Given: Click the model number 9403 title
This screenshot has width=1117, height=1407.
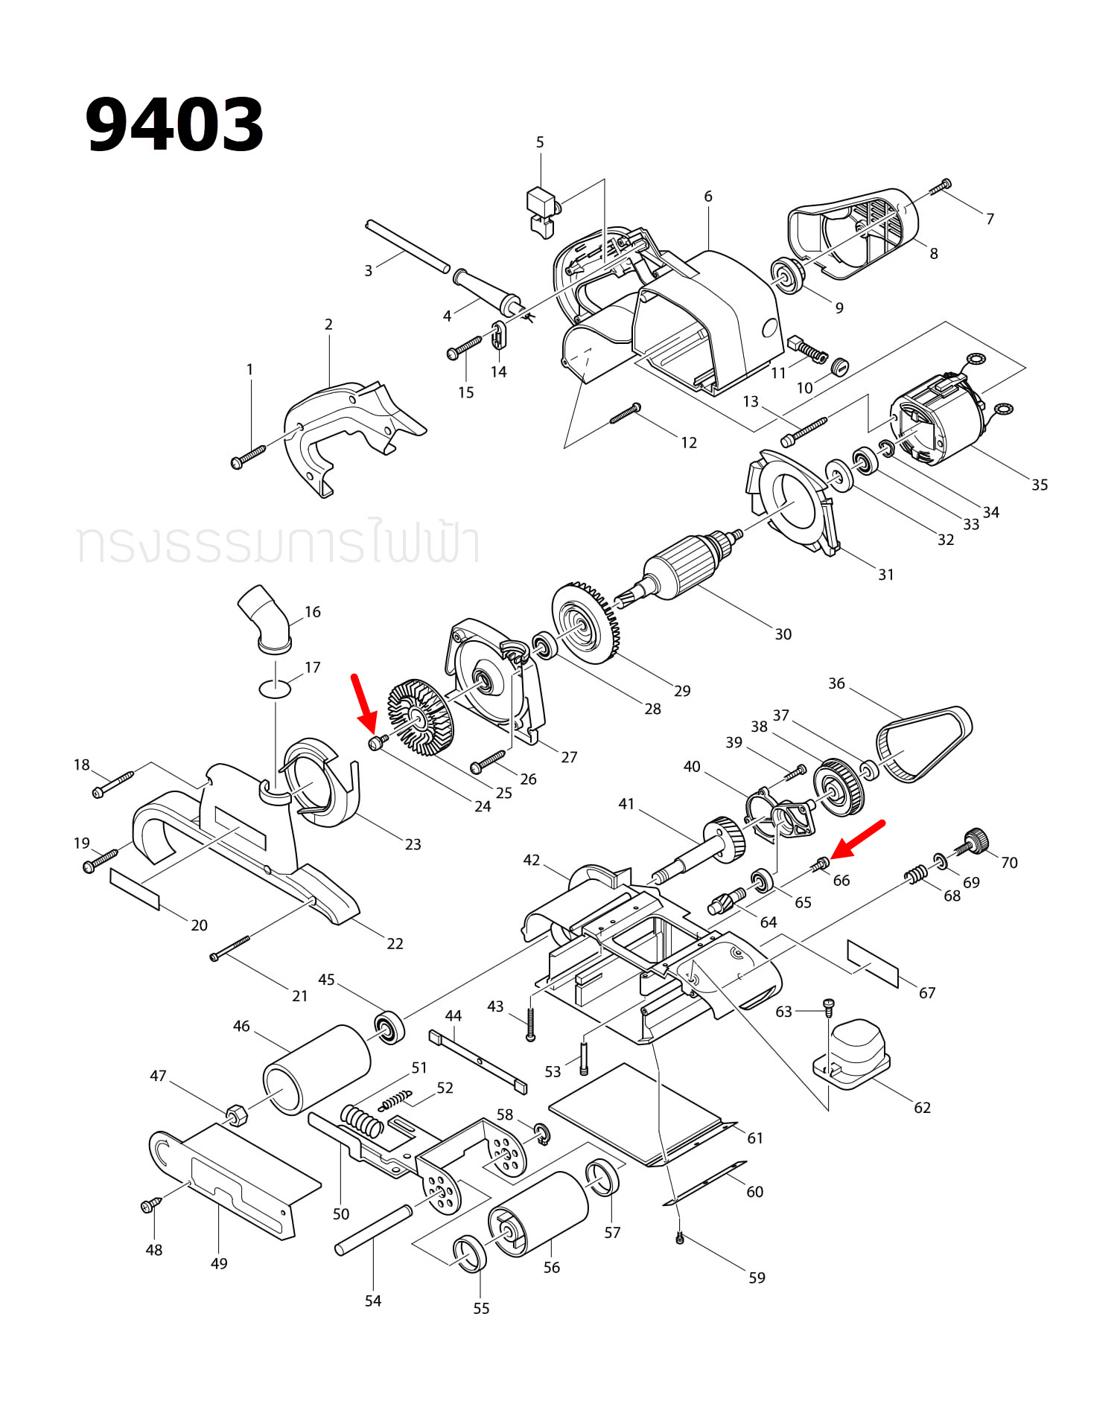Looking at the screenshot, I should point(174,124).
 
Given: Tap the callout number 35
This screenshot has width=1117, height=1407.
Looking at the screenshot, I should point(1040,485).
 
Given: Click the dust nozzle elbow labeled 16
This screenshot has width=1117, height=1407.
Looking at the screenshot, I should point(265,618).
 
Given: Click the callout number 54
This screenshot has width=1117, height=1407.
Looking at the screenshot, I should point(373,1301).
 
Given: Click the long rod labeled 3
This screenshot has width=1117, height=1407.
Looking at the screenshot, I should point(407,246).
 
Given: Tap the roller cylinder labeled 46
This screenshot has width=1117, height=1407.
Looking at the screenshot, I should point(316,1069).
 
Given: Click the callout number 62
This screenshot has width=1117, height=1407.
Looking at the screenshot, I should point(922,1107).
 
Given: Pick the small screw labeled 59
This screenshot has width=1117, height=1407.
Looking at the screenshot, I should point(679,1238).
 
